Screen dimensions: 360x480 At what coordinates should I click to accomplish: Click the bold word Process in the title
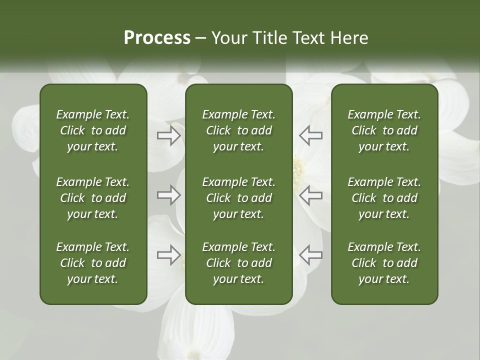(157, 38)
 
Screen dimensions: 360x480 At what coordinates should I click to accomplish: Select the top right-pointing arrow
(169, 135)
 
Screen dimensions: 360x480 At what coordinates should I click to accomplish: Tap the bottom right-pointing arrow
(169, 255)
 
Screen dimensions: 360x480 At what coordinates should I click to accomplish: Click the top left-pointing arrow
(311, 135)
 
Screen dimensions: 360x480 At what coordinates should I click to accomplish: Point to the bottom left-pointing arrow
(311, 255)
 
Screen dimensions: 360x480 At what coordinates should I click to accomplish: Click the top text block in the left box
(93, 130)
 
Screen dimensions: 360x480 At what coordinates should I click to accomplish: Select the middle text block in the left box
(93, 198)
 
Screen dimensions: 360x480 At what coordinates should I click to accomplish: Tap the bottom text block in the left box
(93, 263)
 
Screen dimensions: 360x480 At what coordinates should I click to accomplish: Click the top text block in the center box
(238, 130)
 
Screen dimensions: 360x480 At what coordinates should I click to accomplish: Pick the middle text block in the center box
(238, 198)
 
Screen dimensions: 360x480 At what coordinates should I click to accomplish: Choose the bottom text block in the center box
(238, 263)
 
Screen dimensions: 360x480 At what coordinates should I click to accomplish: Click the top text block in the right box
(384, 130)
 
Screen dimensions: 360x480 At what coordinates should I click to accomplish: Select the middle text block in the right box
(384, 198)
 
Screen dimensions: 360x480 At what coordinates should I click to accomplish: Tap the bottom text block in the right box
(384, 263)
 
